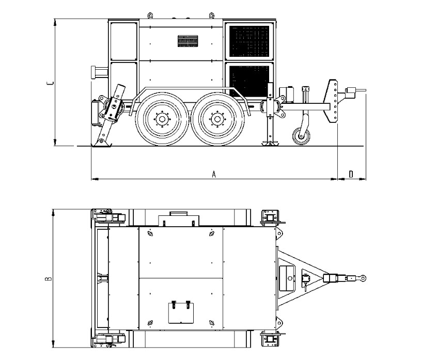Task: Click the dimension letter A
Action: point(214,174)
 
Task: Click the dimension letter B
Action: point(48,278)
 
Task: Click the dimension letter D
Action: point(351,174)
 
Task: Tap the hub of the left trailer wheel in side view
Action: point(162,119)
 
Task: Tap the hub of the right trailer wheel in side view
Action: point(216,119)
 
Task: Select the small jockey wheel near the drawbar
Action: point(301,136)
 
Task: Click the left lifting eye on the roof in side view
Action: point(150,15)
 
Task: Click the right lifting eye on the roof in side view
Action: point(212,15)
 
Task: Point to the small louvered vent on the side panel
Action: point(188,41)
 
